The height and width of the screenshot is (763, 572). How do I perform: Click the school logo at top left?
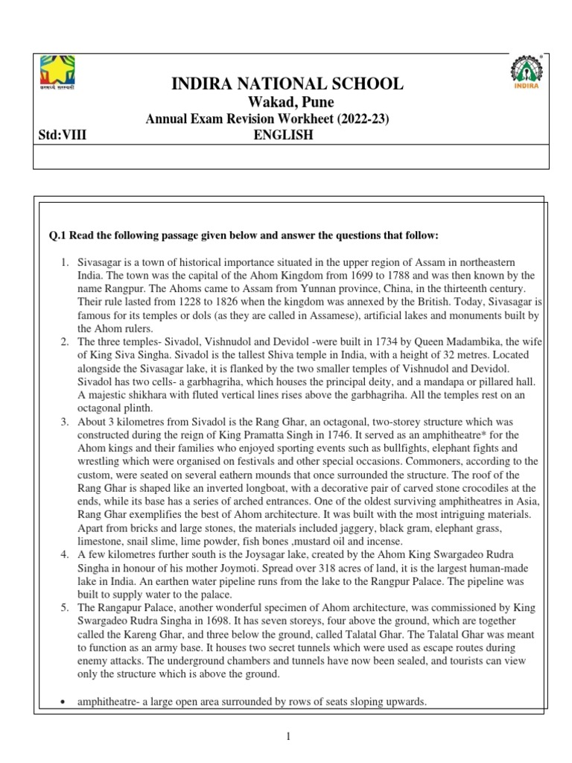[57, 72]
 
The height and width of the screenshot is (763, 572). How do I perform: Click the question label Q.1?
[59, 235]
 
